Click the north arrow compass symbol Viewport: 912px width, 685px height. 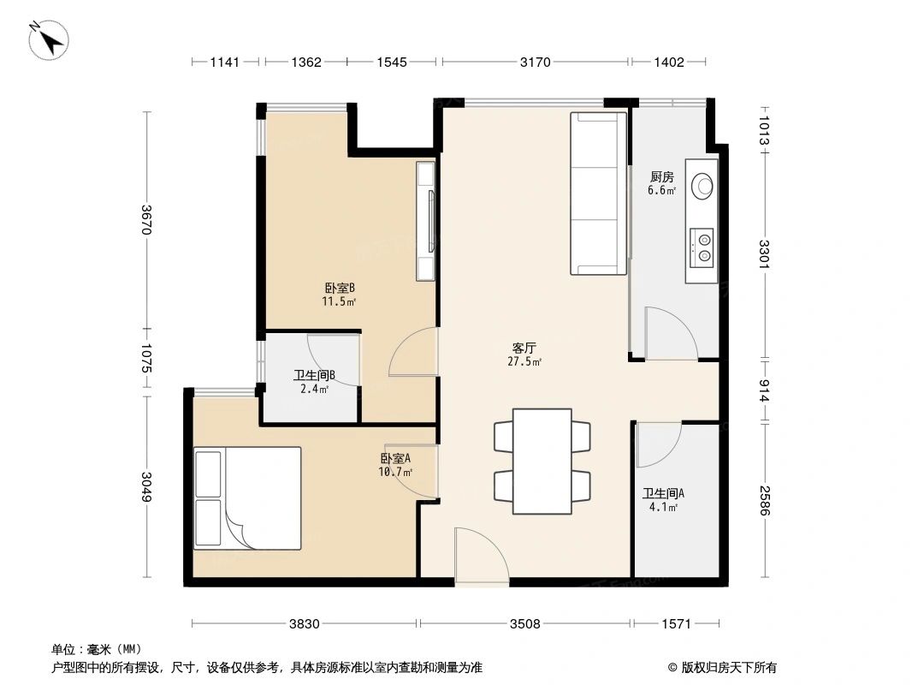pyautogui.click(x=50, y=40)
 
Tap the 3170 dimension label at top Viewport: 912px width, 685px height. pyautogui.click(x=536, y=62)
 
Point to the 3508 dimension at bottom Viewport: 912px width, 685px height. pyautogui.click(x=525, y=624)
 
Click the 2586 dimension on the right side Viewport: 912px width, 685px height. pyautogui.click(x=765, y=501)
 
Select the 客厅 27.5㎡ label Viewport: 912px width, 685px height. pyautogui.click(x=525, y=354)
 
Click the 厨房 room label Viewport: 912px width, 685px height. pyautogui.click(x=661, y=183)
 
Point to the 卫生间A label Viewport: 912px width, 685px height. pyautogui.click(x=663, y=499)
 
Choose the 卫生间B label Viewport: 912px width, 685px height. pyautogui.click(x=313, y=381)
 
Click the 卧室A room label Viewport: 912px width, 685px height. pyautogui.click(x=396, y=464)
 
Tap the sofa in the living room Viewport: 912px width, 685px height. pyautogui.click(x=599, y=194)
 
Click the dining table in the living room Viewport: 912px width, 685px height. pyautogui.click(x=542, y=461)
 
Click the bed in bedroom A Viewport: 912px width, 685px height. pyautogui.click(x=247, y=497)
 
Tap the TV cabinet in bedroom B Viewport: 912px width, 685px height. pyautogui.click(x=426, y=221)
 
